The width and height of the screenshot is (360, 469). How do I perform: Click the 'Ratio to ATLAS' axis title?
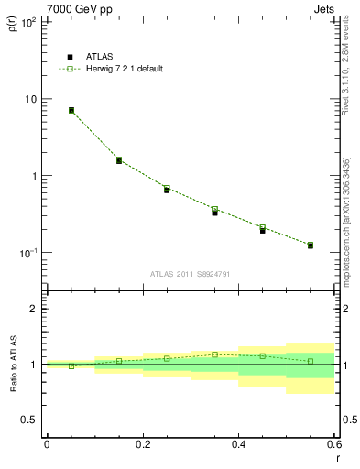11,364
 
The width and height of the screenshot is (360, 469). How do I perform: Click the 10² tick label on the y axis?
28,22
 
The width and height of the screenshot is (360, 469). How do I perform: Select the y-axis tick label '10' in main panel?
31,99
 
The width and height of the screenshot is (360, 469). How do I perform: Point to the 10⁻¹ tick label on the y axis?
28,252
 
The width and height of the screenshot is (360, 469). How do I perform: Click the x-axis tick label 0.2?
142,444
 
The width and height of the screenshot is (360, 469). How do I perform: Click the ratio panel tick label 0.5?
31,420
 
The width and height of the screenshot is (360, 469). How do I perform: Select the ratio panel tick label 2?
35,309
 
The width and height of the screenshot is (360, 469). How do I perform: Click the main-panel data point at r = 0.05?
71,110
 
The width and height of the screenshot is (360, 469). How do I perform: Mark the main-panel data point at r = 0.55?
311,245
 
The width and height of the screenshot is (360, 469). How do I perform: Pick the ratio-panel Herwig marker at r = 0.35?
214,354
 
